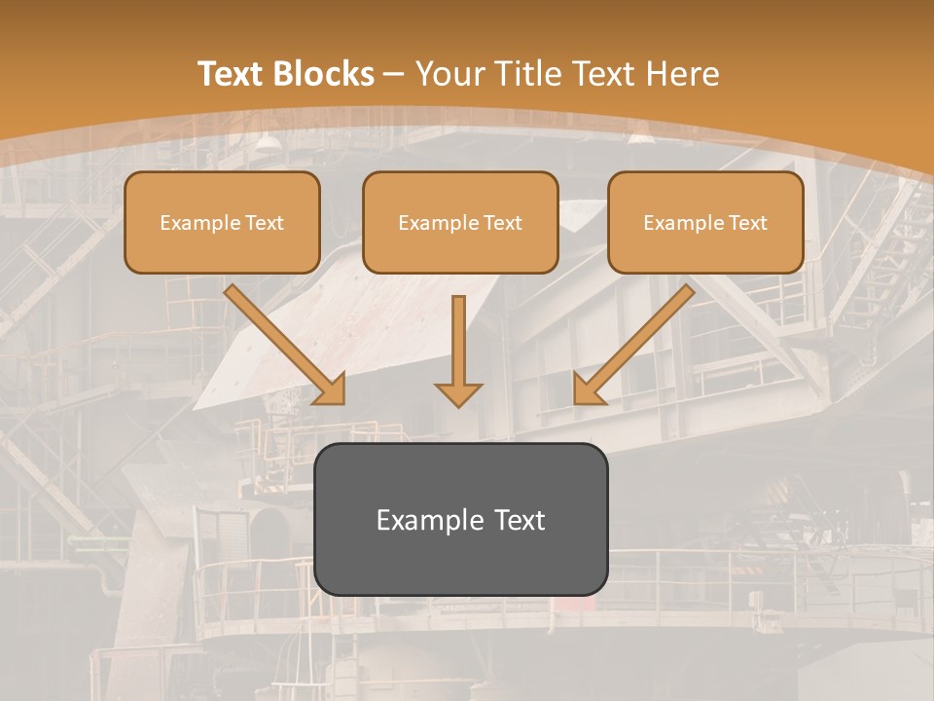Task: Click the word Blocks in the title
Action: click(325, 74)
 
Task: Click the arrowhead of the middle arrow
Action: click(458, 394)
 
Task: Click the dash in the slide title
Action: click(394, 74)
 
